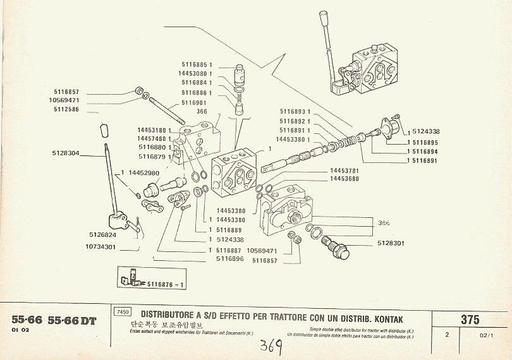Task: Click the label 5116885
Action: point(196,66)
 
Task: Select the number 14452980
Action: point(143,172)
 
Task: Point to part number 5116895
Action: point(425,142)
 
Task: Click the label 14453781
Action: point(344,171)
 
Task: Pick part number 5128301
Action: point(391,243)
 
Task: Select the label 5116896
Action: point(229,258)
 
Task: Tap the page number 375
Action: point(470,319)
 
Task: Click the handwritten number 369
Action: point(270,346)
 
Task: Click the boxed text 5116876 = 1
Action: point(165,284)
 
